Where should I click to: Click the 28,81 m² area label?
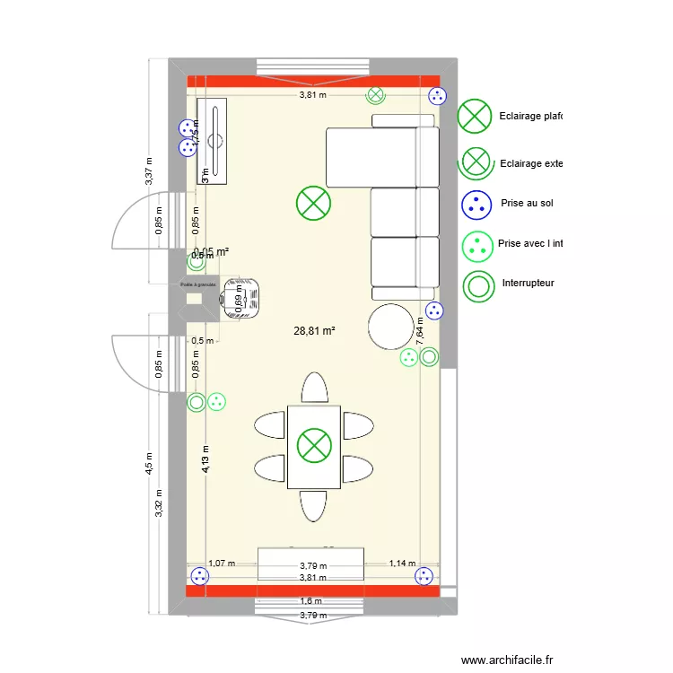[314, 331]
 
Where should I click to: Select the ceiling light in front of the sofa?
[314, 203]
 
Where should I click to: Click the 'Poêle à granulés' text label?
[198, 285]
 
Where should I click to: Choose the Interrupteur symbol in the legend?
[477, 285]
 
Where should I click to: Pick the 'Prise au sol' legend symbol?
[477, 204]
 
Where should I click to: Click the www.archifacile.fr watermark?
[508, 660]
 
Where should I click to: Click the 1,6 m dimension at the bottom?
[311, 601]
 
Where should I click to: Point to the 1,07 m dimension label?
[221, 564]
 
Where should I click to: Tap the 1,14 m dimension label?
[401, 564]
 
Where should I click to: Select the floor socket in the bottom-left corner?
[198, 577]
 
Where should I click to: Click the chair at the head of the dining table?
[314, 388]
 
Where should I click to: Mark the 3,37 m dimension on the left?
[150, 171]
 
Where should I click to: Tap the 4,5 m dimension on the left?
[150, 463]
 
